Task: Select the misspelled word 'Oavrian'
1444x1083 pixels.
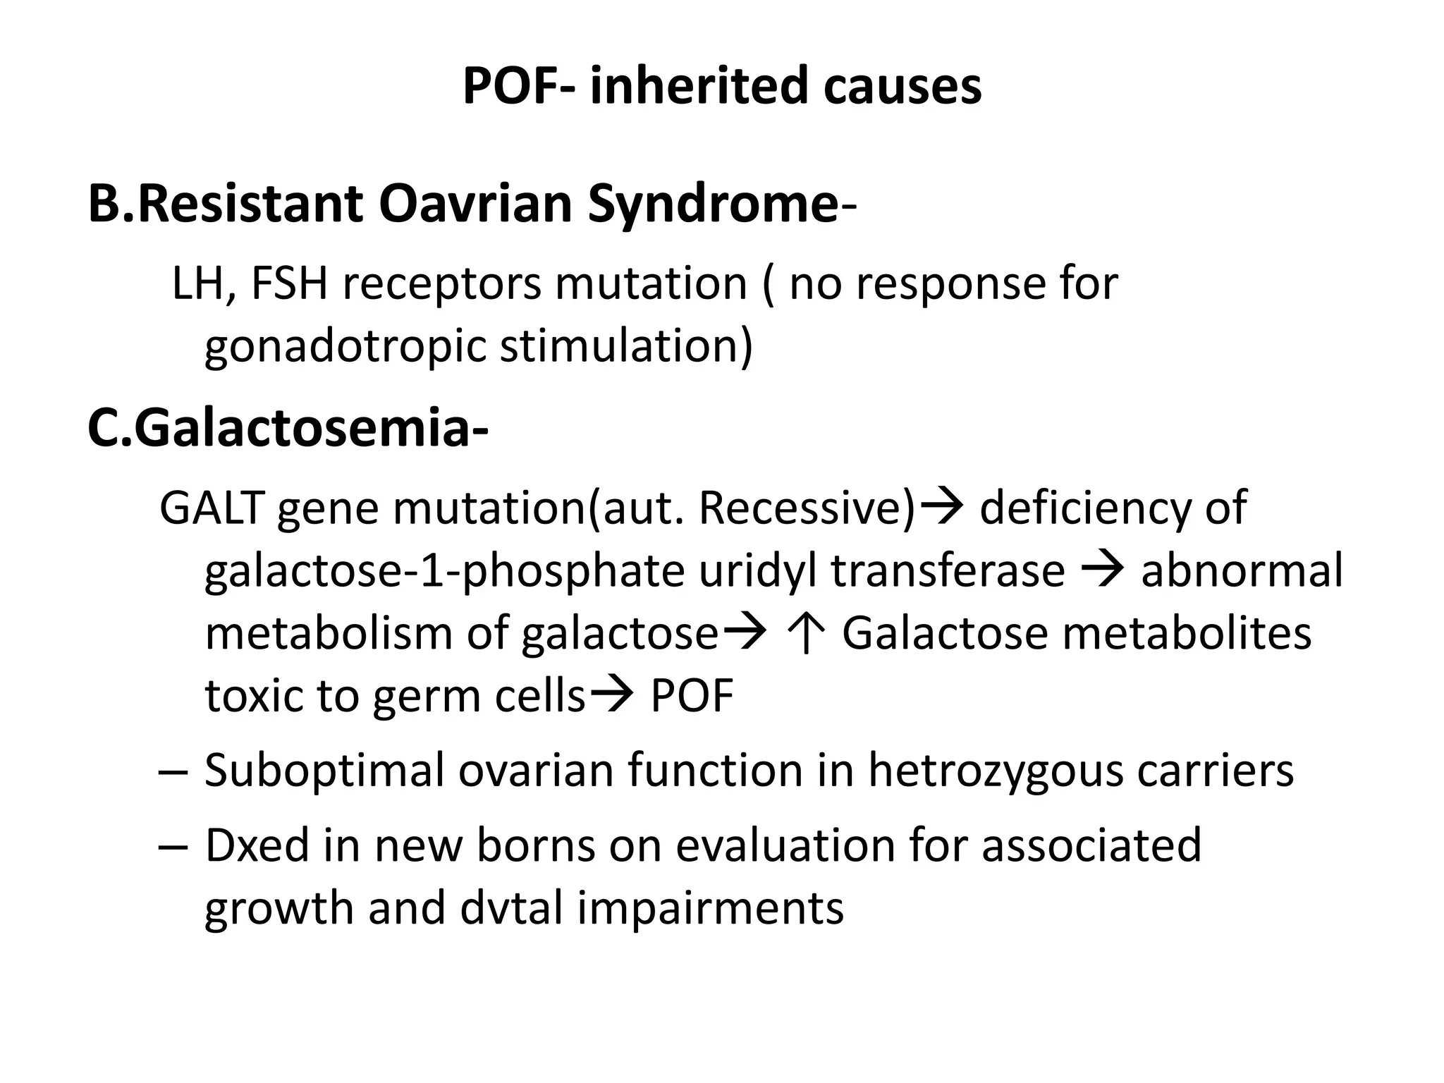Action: point(475,204)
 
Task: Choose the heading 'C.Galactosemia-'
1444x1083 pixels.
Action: point(288,429)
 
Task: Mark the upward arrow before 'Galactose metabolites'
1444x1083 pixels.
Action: point(804,632)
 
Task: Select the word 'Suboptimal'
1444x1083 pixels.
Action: point(324,770)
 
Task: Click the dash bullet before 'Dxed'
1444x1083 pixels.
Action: point(173,846)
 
